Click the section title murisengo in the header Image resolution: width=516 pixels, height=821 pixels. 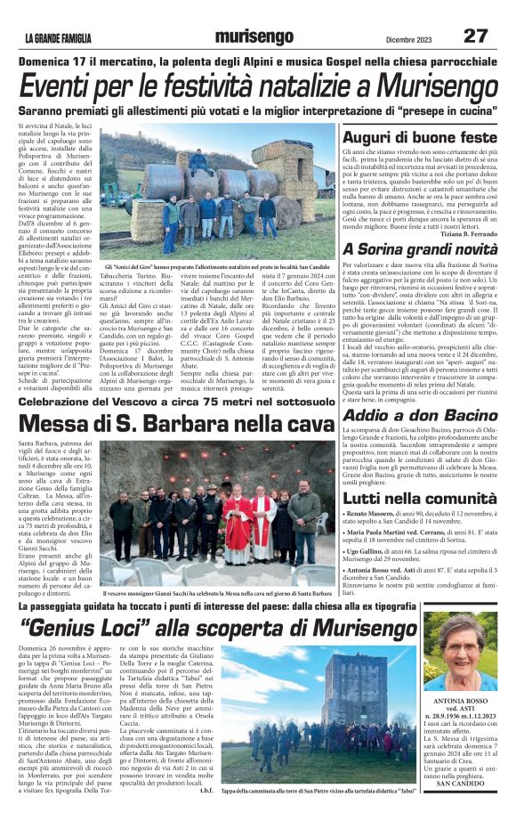(257, 37)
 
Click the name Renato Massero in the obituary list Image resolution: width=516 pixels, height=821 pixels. (375, 514)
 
